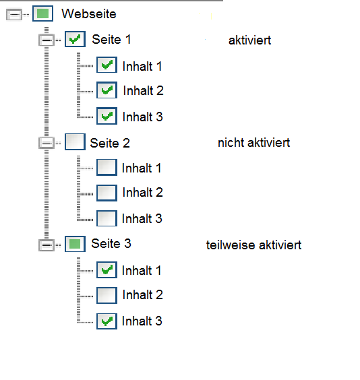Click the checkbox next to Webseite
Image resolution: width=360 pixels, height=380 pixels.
(42, 13)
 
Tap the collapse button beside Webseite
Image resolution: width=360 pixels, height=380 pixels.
(13, 14)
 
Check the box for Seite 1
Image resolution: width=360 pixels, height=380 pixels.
(75, 40)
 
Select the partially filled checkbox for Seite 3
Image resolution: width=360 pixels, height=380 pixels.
(74, 243)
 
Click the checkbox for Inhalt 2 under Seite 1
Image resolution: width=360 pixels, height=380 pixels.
(107, 90)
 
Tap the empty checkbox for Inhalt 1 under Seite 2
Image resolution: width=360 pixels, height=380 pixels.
(107, 167)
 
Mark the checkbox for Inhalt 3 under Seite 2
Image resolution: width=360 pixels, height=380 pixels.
(107, 218)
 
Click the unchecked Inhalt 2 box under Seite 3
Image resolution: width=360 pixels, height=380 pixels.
(107, 295)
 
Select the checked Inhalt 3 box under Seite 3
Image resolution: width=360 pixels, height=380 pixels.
(107, 321)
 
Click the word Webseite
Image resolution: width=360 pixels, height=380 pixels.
(88, 13)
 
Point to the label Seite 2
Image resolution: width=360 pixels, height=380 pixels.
(110, 143)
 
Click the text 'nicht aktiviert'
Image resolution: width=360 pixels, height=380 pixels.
(253, 143)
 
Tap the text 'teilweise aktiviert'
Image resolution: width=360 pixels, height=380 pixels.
(253, 245)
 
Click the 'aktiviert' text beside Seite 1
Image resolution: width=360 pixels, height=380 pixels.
(249, 40)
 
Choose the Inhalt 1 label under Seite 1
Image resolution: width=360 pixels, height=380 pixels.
(142, 65)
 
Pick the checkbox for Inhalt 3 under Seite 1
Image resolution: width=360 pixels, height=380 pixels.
(107, 116)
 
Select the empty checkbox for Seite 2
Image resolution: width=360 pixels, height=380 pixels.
(75, 142)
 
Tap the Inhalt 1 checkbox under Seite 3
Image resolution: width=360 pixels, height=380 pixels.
(107, 270)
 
